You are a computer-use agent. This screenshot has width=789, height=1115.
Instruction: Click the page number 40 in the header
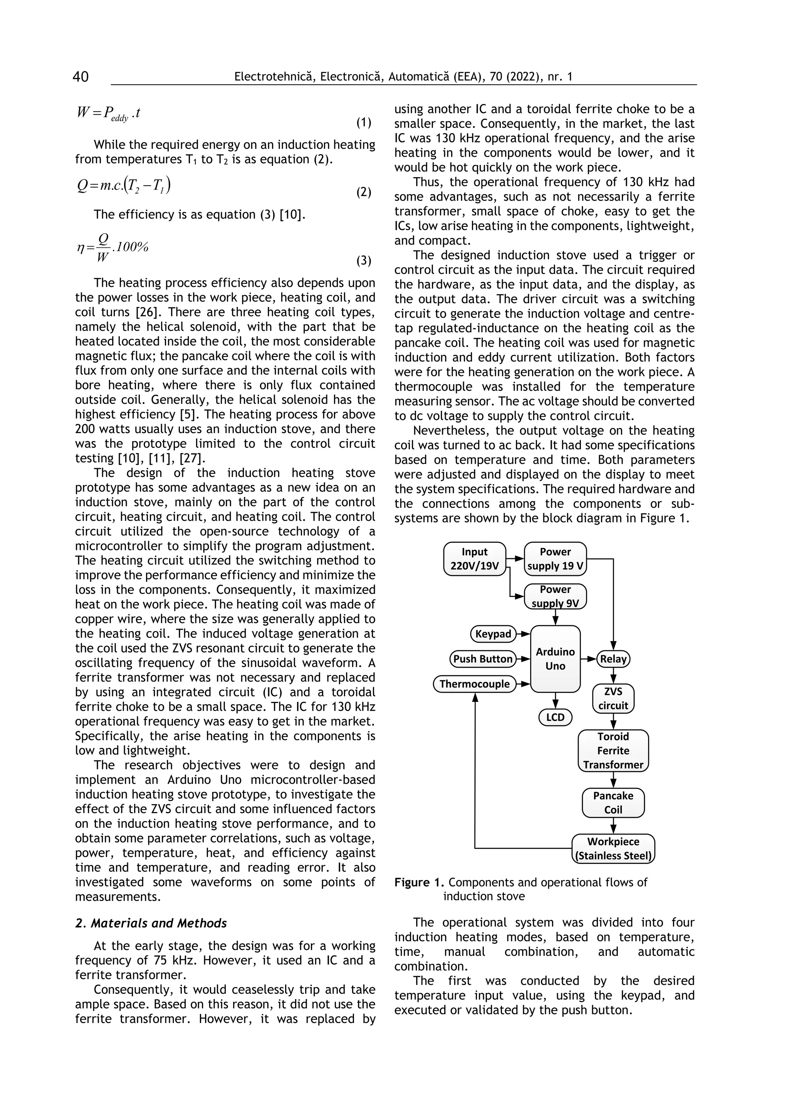pyautogui.click(x=81, y=77)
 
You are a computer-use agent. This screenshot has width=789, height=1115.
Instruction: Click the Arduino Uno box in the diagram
pyautogui.click(x=555, y=659)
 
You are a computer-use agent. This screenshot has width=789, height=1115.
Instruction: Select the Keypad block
pyautogui.click(x=493, y=634)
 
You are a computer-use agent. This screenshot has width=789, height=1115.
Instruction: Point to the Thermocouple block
pyautogui.click(x=474, y=684)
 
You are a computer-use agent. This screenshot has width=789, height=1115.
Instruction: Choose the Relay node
pyautogui.click(x=613, y=659)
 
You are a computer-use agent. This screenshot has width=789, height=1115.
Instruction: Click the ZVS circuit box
pyautogui.click(x=613, y=698)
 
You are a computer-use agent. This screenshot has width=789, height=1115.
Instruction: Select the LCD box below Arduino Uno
pyautogui.click(x=555, y=717)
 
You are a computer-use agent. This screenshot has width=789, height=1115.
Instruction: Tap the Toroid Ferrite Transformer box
pyautogui.click(x=613, y=750)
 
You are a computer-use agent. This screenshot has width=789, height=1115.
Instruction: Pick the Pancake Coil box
pyautogui.click(x=613, y=803)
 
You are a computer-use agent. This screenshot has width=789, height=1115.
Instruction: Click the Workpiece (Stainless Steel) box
pyautogui.click(x=613, y=849)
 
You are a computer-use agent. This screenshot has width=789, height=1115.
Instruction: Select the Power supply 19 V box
pyautogui.click(x=555, y=559)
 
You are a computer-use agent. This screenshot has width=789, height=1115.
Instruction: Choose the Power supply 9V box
pyautogui.click(x=555, y=596)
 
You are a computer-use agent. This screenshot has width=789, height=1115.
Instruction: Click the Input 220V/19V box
pyautogui.click(x=475, y=559)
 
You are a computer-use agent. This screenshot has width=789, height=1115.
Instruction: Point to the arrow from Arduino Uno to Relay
pyautogui.click(x=588, y=659)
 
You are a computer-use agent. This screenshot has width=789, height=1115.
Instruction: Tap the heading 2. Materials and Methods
pyautogui.click(x=151, y=923)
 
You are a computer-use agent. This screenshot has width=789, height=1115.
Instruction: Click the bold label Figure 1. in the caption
pyautogui.click(x=419, y=882)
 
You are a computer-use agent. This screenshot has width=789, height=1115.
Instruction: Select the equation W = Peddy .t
pyautogui.click(x=108, y=113)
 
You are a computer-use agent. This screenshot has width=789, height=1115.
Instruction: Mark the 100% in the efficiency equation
pyautogui.click(x=132, y=247)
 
